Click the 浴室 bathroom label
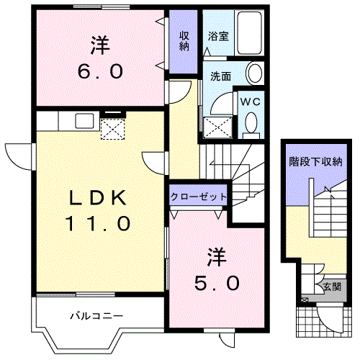click(219, 36)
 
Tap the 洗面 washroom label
click(220, 74)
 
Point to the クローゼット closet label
click(199, 196)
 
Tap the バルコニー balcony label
click(96, 315)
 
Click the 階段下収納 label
click(315, 162)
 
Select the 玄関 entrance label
click(332, 287)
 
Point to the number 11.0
click(99, 224)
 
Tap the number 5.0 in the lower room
click(214, 283)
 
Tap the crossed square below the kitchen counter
click(112, 130)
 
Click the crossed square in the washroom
click(217, 127)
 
